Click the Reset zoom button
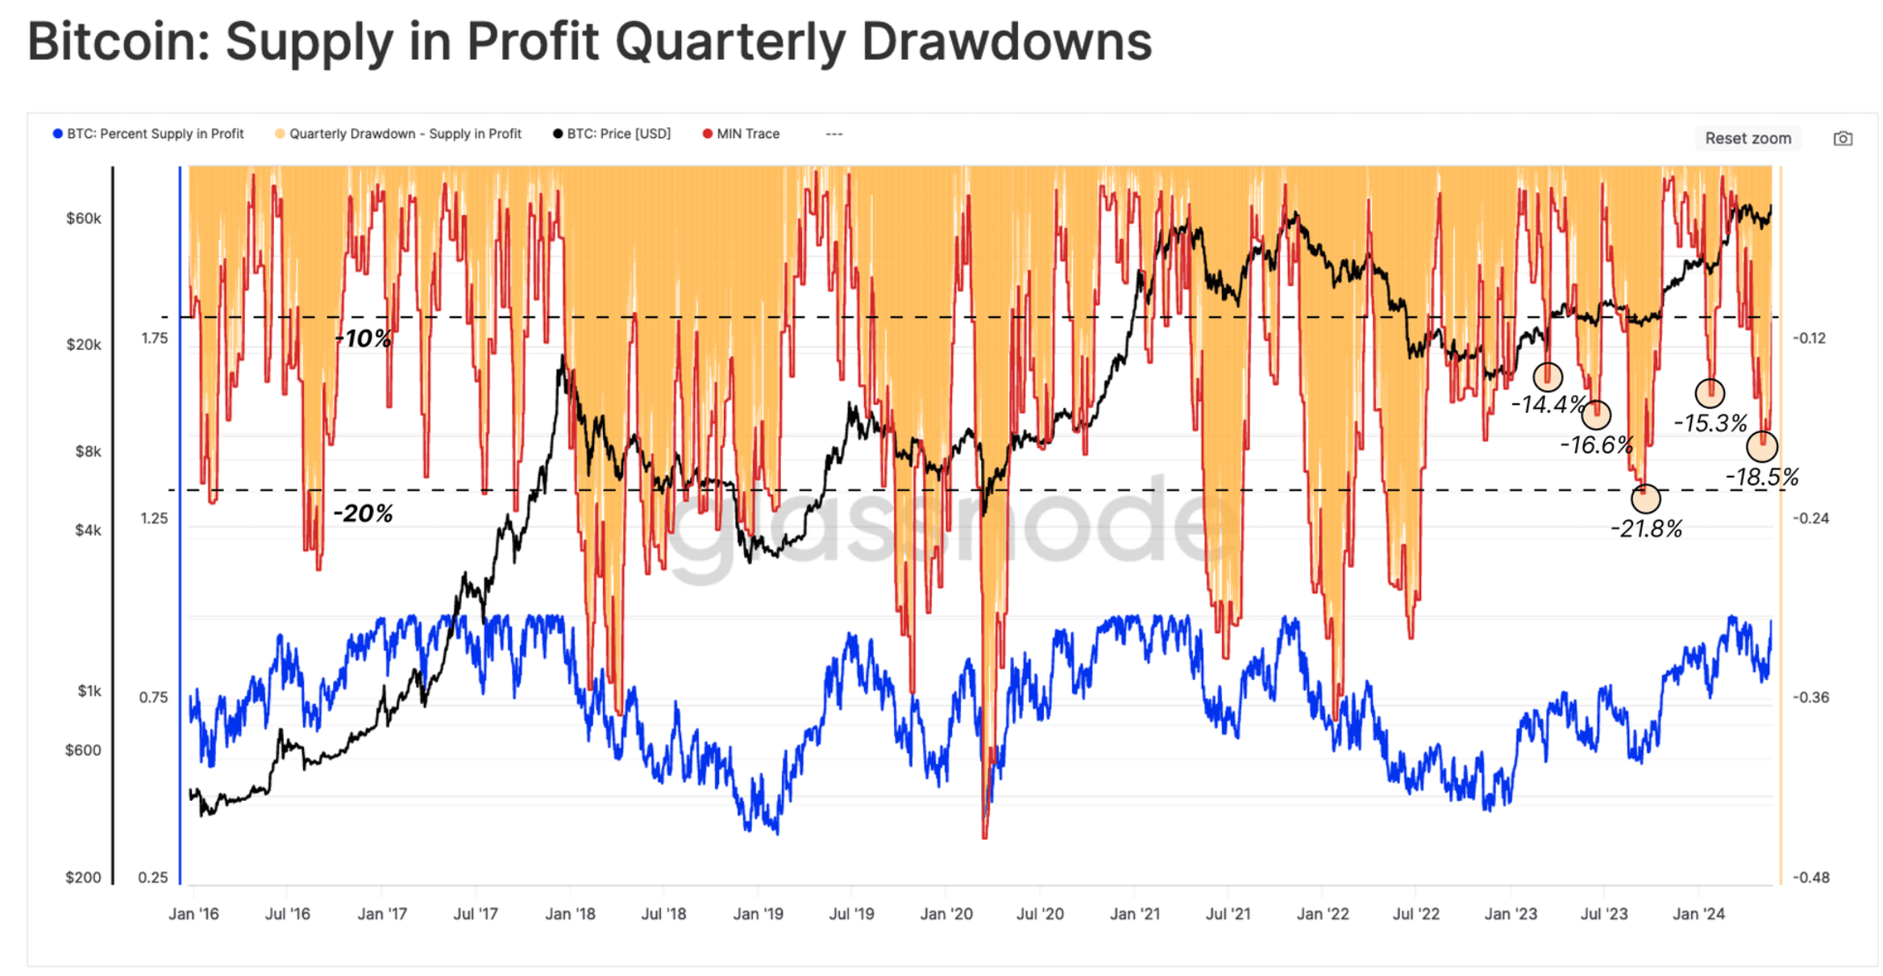(x=1747, y=138)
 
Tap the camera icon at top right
(x=1842, y=139)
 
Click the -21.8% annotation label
(x=1645, y=529)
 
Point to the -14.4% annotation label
(x=1547, y=405)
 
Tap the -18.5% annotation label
(x=1761, y=478)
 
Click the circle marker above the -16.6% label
(x=1596, y=415)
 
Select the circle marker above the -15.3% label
(x=1709, y=393)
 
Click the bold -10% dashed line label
(x=364, y=339)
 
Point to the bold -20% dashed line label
(x=363, y=514)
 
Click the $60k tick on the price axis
(x=84, y=219)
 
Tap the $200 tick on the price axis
(x=83, y=878)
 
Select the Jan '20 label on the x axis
(x=946, y=914)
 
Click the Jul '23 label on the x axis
(x=1603, y=914)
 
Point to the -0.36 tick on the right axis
(x=1810, y=698)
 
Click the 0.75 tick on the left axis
(x=153, y=698)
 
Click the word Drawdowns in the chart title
(x=1006, y=42)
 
